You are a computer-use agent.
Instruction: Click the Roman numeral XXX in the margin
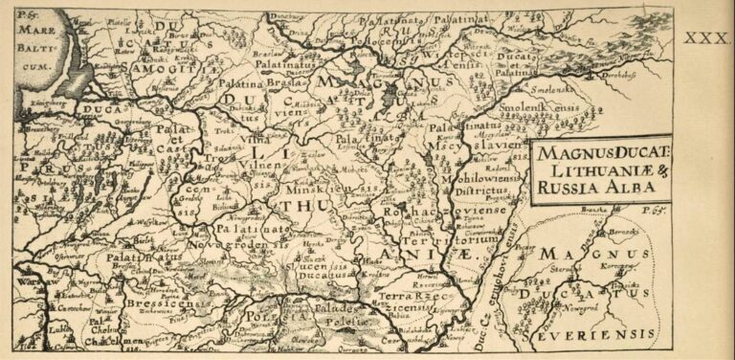pyautogui.click(x=707, y=37)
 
